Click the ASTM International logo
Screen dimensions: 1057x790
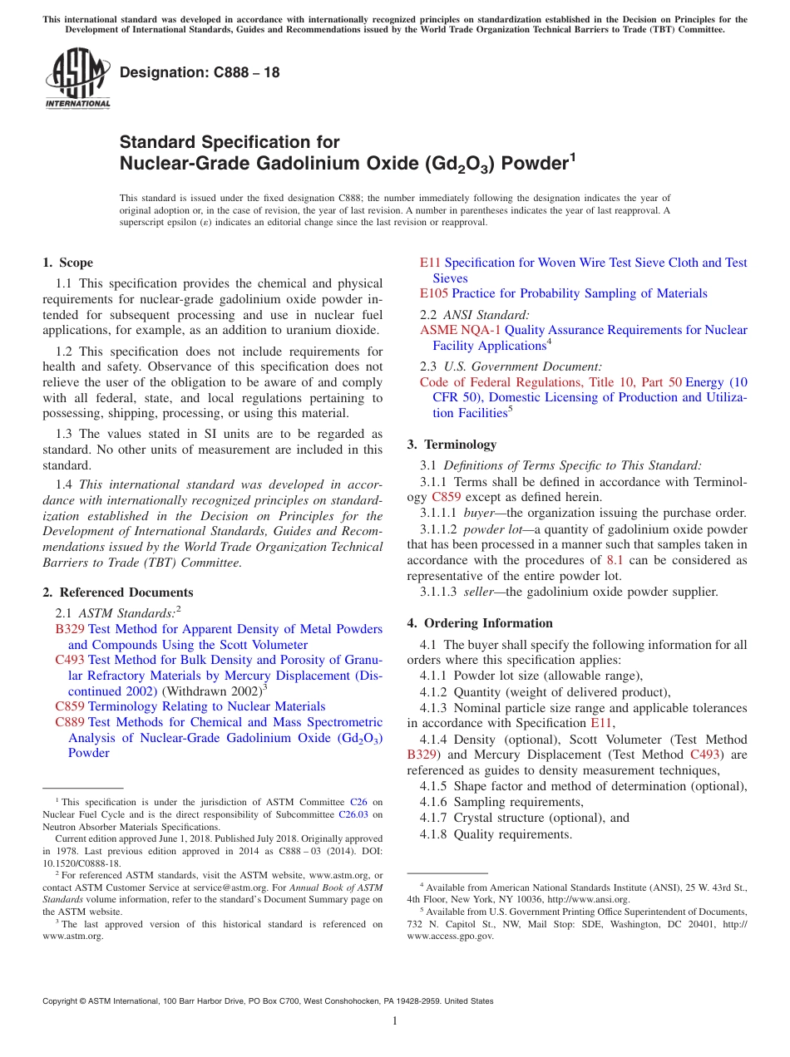click(77, 79)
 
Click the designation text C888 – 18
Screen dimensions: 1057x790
click(200, 73)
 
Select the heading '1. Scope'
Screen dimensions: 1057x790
click(68, 263)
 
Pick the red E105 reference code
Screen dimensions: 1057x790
click(433, 293)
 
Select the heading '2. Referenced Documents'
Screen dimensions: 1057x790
click(118, 592)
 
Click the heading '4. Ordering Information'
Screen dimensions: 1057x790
click(480, 623)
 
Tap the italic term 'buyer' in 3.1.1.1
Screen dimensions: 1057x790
click(478, 513)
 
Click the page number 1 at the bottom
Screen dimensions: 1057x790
click(395, 1021)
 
